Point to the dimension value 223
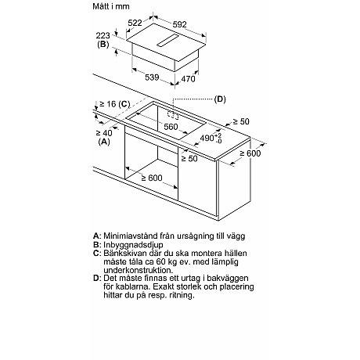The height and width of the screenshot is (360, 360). click(103, 35)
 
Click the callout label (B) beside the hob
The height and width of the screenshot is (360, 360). click(103, 45)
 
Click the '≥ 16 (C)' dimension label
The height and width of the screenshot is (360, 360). click(113, 104)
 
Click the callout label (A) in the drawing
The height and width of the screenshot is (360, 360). click(103, 142)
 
